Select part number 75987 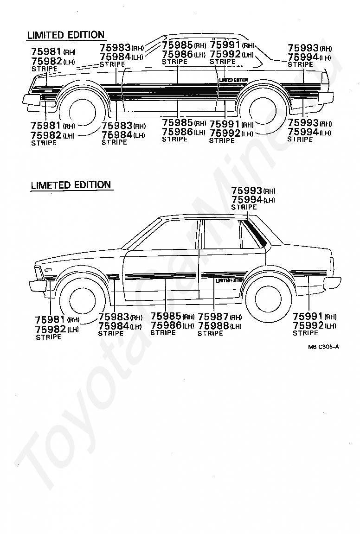pyautogui.click(x=213, y=317)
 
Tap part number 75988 pyautogui.click(x=213, y=325)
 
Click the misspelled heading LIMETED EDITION pyautogui.click(x=71, y=185)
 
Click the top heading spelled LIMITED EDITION pyautogui.click(x=66, y=35)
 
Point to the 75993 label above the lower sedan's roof pyautogui.click(x=247, y=191)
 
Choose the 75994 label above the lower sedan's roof pyautogui.click(x=247, y=199)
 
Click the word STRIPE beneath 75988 pyautogui.click(x=210, y=333)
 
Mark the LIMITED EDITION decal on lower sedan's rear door pyautogui.click(x=230, y=280)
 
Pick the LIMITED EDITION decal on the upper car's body pyautogui.click(x=233, y=80)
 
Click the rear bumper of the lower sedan pyautogui.click(x=331, y=284)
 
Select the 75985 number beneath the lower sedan pyautogui.click(x=166, y=317)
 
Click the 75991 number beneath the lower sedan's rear pyautogui.click(x=308, y=317)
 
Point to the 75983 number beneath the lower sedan pyautogui.click(x=113, y=317)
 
